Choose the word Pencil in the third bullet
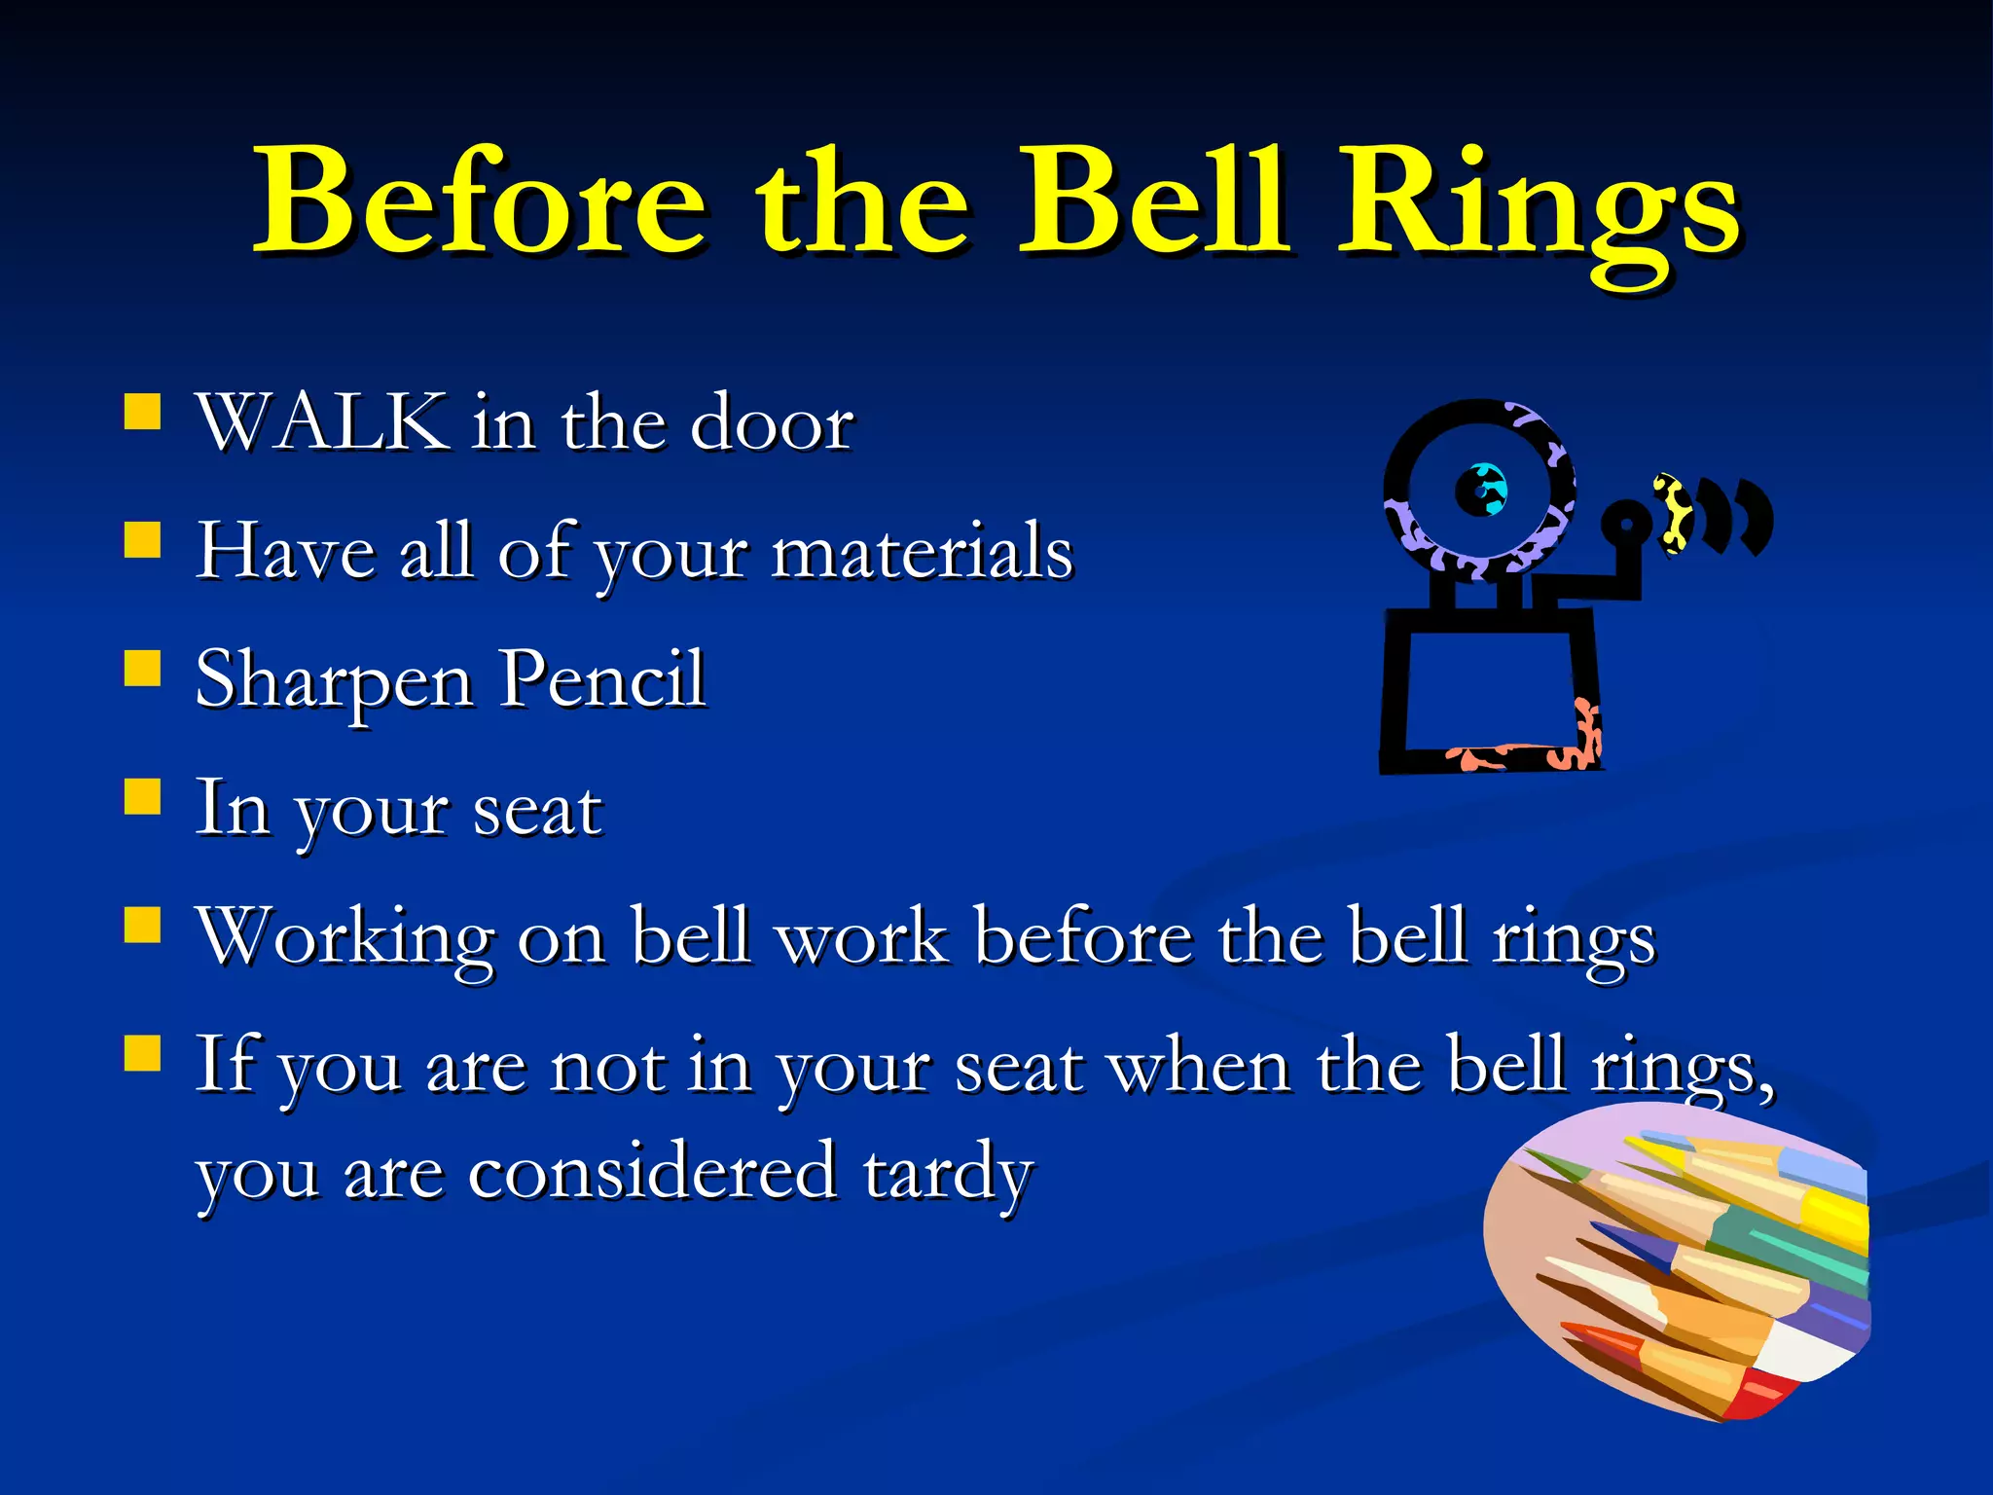601,678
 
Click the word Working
345,937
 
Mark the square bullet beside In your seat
142,795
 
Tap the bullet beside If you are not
142,1052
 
